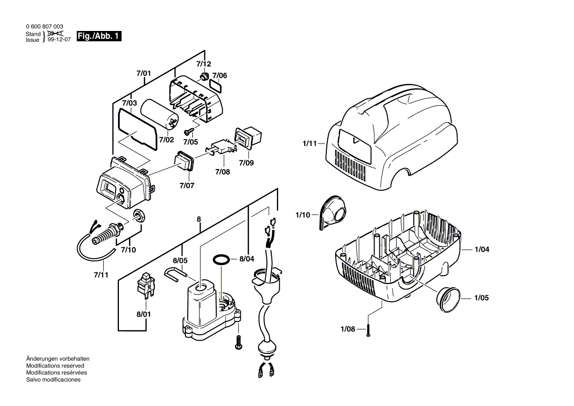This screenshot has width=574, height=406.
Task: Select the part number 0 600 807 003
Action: pyautogui.click(x=44, y=27)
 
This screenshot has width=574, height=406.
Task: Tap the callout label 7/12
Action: pyautogui.click(x=203, y=64)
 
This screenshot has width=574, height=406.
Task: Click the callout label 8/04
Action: pyautogui.click(x=247, y=259)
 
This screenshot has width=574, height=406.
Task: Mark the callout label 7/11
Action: pyautogui.click(x=101, y=274)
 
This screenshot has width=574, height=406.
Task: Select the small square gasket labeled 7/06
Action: pyautogui.click(x=215, y=86)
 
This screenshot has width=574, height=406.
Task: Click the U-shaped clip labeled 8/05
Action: pyautogui.click(x=176, y=273)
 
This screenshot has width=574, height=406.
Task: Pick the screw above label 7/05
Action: pyautogui.click(x=188, y=131)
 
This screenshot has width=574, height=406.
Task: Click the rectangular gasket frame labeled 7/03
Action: pyautogui.click(x=138, y=127)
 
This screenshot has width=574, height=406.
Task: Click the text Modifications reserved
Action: pyautogui.click(x=55, y=366)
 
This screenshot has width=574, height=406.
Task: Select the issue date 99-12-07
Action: pyautogui.click(x=59, y=40)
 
